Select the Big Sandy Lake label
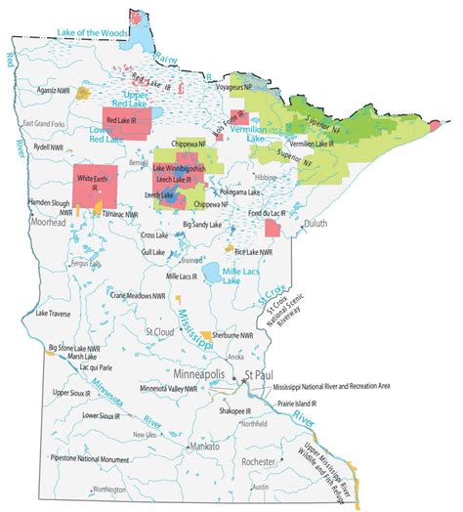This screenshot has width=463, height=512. (202, 224)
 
